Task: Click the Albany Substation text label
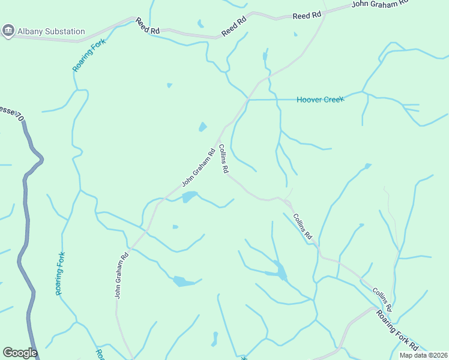pyautogui.click(x=52, y=31)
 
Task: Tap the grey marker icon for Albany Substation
pyautogui.click(x=8, y=31)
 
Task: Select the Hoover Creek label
pyautogui.click(x=321, y=99)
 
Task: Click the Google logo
pyautogui.click(x=20, y=353)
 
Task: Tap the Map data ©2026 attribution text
pyautogui.click(x=423, y=355)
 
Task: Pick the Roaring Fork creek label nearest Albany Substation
pyautogui.click(x=89, y=55)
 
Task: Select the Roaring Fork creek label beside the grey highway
pyautogui.click(x=60, y=273)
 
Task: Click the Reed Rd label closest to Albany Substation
pyautogui.click(x=147, y=25)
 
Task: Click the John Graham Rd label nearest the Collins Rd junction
pyautogui.click(x=198, y=167)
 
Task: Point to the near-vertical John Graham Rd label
pyautogui.click(x=121, y=275)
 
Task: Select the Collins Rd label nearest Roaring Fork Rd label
pyautogui.click(x=382, y=299)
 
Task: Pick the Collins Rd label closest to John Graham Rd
pyautogui.click(x=223, y=159)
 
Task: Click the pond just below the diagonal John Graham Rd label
pyautogui.click(x=190, y=197)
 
